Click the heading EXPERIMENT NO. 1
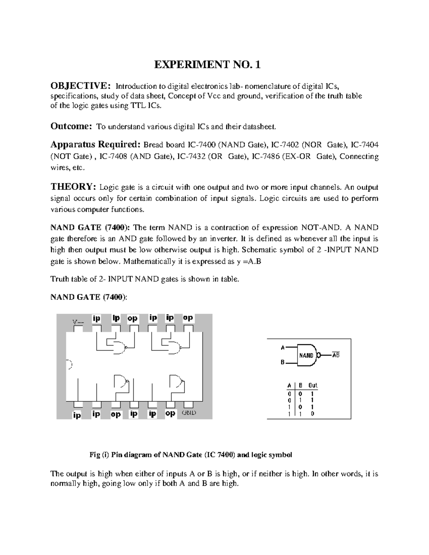207,65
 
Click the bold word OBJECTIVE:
78,86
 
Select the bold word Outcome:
71,126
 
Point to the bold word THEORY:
73,187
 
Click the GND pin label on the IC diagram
188,413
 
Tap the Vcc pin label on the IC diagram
78,322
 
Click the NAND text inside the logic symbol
306,356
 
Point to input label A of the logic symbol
282,347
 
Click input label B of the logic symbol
282,362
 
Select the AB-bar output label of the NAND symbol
336,355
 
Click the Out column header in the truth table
313,385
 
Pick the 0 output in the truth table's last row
313,414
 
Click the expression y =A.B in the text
249,261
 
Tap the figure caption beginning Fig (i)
190,455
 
